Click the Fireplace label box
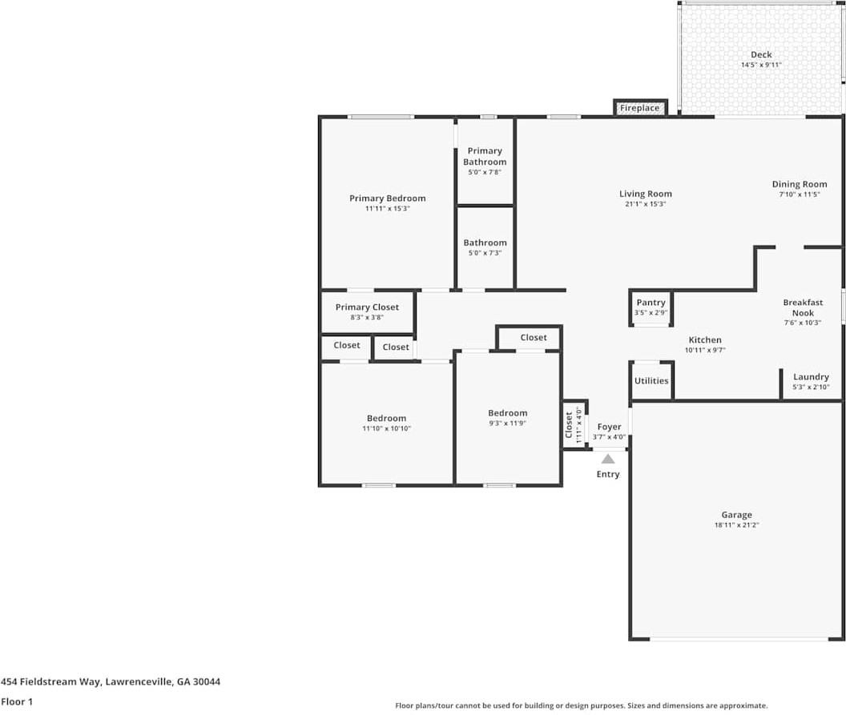(639, 108)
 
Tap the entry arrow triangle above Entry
(608, 460)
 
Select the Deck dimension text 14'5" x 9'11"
(760, 65)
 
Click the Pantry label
(651, 303)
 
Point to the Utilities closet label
(651, 380)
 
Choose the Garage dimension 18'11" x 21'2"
(736, 525)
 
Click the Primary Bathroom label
(485, 156)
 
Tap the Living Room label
(645, 194)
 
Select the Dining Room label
(799, 184)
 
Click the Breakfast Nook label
(803, 307)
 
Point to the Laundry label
(811, 377)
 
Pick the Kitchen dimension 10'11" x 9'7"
(704, 350)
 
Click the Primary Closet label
(367, 307)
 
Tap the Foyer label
(609, 428)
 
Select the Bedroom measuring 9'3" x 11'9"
(508, 413)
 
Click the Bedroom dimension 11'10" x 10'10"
(386, 428)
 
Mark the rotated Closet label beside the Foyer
(570, 424)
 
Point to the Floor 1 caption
(16, 701)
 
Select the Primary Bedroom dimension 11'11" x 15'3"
(387, 208)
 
